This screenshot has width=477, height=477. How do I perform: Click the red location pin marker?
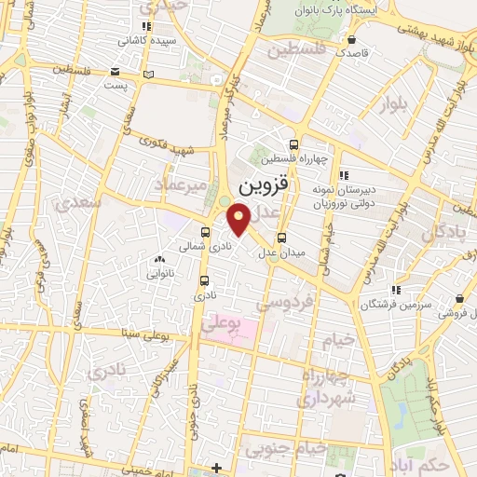(x=240, y=219)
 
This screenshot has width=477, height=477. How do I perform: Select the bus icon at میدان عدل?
(x=282, y=237)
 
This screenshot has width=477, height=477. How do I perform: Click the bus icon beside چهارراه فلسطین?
(x=295, y=144)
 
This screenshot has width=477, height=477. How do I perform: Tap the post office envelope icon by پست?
(x=115, y=72)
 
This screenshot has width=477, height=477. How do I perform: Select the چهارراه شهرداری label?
(x=327, y=386)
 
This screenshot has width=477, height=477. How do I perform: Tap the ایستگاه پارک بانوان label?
(x=363, y=8)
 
